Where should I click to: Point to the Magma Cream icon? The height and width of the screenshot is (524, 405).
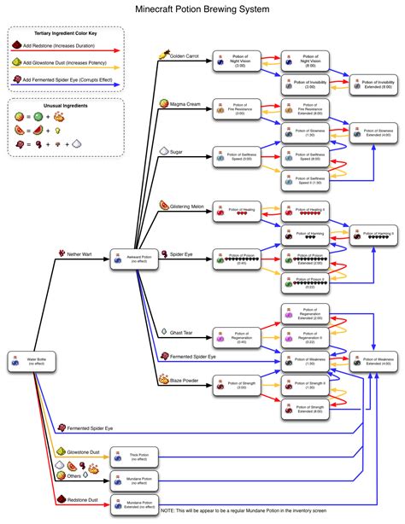click(x=163, y=102)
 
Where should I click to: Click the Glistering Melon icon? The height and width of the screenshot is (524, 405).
click(x=163, y=206)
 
